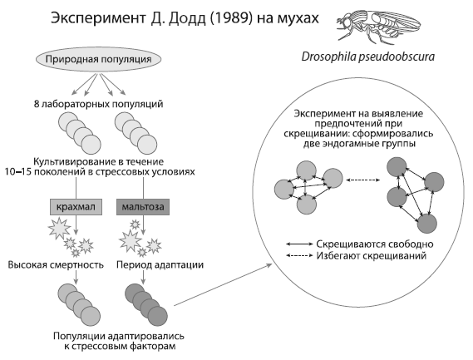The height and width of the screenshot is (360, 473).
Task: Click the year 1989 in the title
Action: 231,18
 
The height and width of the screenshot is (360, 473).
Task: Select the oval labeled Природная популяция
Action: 98,59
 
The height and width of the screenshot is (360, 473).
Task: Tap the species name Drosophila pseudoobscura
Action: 368,57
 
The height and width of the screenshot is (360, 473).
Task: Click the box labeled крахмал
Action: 76,207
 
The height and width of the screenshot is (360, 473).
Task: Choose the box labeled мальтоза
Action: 143,207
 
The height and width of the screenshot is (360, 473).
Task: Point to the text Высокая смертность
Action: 56,265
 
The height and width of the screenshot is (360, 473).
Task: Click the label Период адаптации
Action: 160,265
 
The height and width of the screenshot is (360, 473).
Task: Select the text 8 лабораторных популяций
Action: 98,104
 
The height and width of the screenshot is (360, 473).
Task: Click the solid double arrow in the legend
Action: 299,244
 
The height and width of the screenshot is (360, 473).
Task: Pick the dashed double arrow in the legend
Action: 299,255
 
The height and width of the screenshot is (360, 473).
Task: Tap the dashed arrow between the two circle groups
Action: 363,180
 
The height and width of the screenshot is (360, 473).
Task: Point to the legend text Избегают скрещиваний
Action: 372,256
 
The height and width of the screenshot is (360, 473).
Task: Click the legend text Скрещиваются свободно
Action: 375,244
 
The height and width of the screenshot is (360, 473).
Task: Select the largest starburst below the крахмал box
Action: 59,229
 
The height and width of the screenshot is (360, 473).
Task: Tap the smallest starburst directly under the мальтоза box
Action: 135,224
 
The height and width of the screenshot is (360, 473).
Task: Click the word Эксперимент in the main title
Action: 98,19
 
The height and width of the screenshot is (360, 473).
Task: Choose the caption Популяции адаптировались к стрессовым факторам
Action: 119,341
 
